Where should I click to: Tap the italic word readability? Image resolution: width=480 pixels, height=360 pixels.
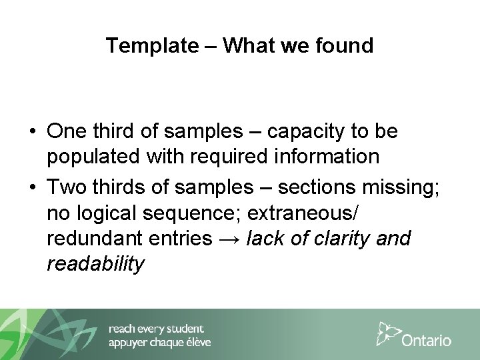pyautogui.click(x=95, y=265)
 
